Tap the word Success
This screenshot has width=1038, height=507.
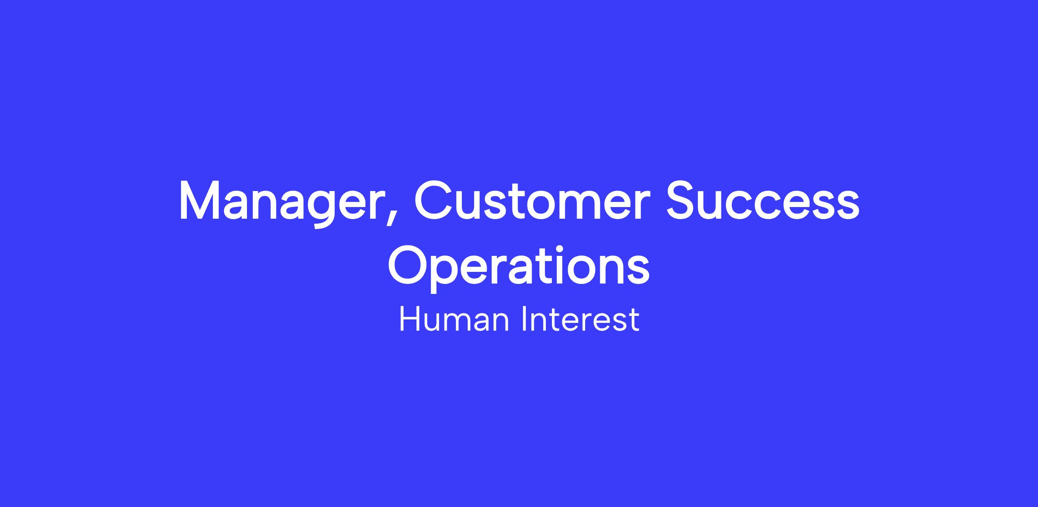tap(763, 200)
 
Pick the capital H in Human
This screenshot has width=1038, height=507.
tap(409, 319)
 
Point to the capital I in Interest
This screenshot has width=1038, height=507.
tap(525, 319)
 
